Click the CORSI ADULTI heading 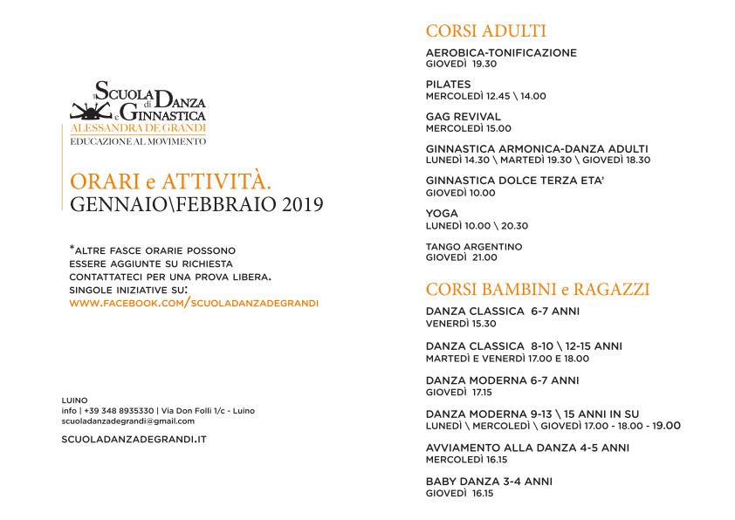(x=485, y=31)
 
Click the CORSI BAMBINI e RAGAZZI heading (x=537, y=289)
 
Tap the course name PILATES (x=448, y=85)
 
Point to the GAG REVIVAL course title (x=463, y=117)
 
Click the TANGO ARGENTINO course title (x=473, y=247)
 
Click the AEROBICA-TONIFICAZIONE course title (x=501, y=52)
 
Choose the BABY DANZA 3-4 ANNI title (x=489, y=481)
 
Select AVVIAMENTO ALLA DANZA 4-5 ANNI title (x=527, y=448)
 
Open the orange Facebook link (x=193, y=303)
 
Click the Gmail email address (x=128, y=421)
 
